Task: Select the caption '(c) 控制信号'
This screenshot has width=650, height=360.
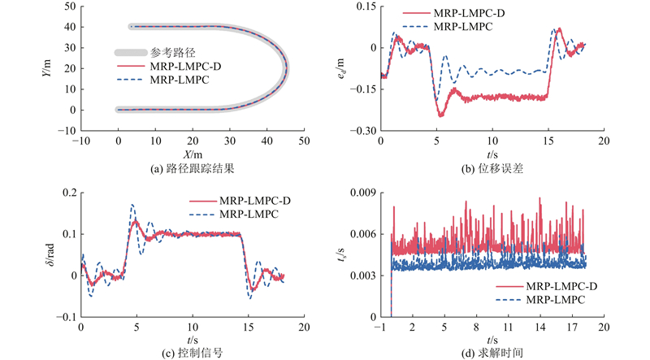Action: tap(192, 351)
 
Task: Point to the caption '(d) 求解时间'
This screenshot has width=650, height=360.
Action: tap(492, 351)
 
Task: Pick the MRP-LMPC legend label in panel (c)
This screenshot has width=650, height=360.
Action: tap(250, 215)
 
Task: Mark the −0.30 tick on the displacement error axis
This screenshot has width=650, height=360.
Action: tap(362, 131)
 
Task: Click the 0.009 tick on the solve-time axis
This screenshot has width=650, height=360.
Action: tap(362, 192)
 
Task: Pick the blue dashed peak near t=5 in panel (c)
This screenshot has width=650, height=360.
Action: tap(132, 206)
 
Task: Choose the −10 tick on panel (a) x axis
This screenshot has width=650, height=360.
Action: tap(81, 141)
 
